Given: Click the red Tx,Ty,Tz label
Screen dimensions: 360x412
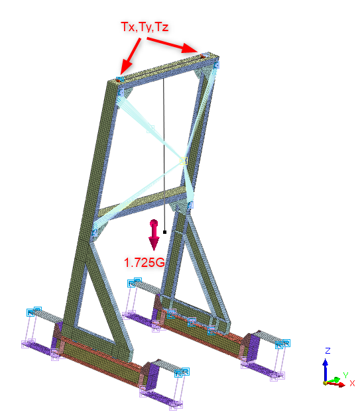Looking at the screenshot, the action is click(x=145, y=26).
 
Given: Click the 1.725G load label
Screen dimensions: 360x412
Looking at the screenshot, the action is click(x=145, y=262).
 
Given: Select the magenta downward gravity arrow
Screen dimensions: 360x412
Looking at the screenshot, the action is click(x=154, y=235).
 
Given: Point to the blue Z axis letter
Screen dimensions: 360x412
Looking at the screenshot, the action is click(x=328, y=350).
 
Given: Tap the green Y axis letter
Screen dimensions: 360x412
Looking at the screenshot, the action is click(x=345, y=375).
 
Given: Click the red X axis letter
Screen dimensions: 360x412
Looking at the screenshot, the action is click(x=352, y=383).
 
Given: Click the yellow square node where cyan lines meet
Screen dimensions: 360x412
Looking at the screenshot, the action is click(x=184, y=161).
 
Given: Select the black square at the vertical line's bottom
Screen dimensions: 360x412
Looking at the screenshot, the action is click(x=164, y=232).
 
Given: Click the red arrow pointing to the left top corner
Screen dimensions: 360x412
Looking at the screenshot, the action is click(x=130, y=57).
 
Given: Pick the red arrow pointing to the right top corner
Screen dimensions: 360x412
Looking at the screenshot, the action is click(x=172, y=45).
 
